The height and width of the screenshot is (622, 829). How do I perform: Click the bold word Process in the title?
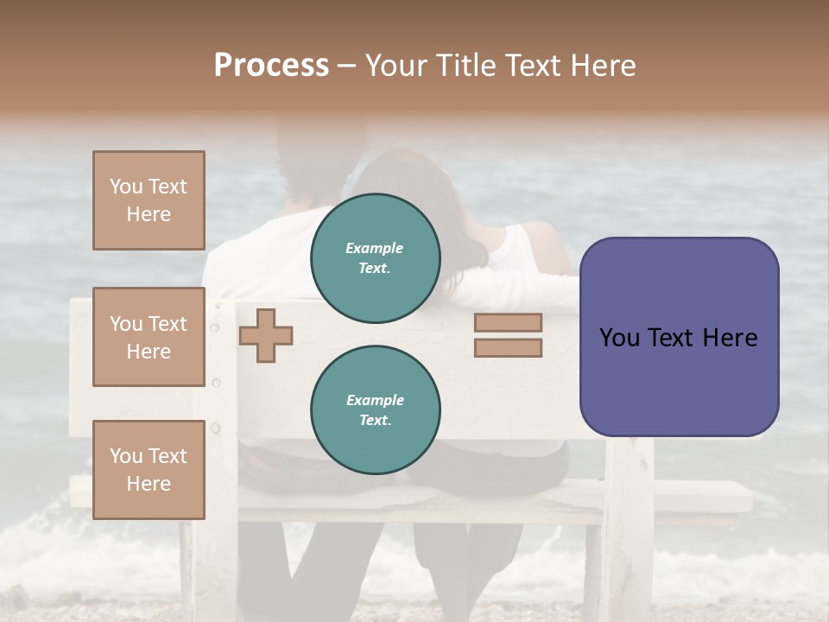pyautogui.click(x=271, y=66)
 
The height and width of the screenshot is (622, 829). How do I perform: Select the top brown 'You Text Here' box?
pyautogui.click(x=149, y=200)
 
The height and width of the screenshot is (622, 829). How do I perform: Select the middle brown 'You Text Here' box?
pyautogui.click(x=149, y=337)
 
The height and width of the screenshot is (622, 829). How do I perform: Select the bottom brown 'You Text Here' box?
pyautogui.click(x=149, y=470)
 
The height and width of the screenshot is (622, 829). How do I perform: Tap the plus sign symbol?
pyautogui.click(x=266, y=334)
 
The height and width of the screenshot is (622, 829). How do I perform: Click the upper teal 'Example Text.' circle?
pyautogui.click(x=375, y=258)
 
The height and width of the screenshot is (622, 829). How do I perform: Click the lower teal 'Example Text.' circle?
pyautogui.click(x=375, y=410)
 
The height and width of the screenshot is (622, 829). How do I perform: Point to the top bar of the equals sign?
pyautogui.click(x=508, y=323)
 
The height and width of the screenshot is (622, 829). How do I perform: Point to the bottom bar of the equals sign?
pyautogui.click(x=508, y=348)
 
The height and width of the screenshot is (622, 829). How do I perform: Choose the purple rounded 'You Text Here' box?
pyautogui.click(x=679, y=337)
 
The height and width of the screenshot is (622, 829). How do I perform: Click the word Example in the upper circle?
pyautogui.click(x=375, y=249)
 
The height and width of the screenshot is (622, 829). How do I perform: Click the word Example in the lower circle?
pyautogui.click(x=375, y=401)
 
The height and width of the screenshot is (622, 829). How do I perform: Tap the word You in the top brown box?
pyautogui.click(x=126, y=187)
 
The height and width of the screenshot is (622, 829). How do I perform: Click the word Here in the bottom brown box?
pyautogui.click(x=149, y=484)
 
